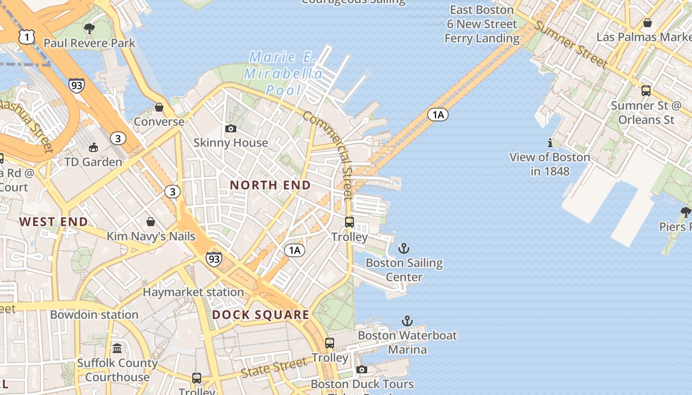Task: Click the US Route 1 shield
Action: pyautogui.click(x=27, y=36)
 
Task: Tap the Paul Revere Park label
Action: pyautogui.click(x=89, y=43)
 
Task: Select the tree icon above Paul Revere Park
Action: pyautogui.click(x=89, y=29)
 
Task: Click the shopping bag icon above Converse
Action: pyautogui.click(x=159, y=107)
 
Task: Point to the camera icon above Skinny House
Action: pyautogui.click(x=230, y=129)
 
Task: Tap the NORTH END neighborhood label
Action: pyautogui.click(x=270, y=185)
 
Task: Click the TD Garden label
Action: pyautogui.click(x=93, y=162)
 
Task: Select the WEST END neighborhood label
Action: pyautogui.click(x=53, y=222)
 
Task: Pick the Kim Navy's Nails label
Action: pyautogui.click(x=151, y=237)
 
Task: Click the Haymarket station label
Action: pyautogui.click(x=193, y=292)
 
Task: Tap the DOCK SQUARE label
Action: pyautogui.click(x=260, y=315)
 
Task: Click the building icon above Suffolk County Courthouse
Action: pyautogui.click(x=117, y=349)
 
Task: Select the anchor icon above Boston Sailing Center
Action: pyautogui.click(x=404, y=248)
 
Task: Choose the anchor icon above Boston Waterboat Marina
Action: pyautogui.click(x=407, y=321)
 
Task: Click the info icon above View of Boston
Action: pyautogui.click(x=550, y=143)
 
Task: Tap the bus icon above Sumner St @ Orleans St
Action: pyautogui.click(x=646, y=91)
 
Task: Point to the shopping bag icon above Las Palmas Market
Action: pyautogui.click(x=647, y=23)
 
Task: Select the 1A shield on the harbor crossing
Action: pyautogui.click(x=437, y=115)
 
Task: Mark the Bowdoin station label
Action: pyautogui.click(x=94, y=315)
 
